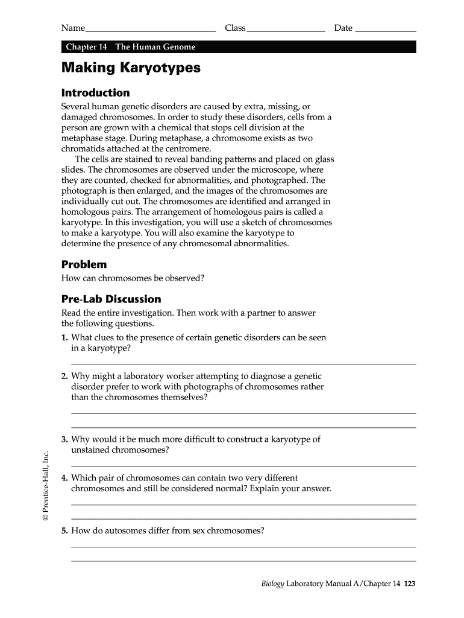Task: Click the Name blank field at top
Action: click(x=151, y=29)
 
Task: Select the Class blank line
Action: click(x=286, y=29)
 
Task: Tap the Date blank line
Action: click(x=386, y=29)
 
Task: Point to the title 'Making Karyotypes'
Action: click(x=131, y=68)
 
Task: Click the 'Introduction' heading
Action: click(x=95, y=93)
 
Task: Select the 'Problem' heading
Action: click(x=84, y=264)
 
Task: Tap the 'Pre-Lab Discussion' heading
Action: click(x=111, y=299)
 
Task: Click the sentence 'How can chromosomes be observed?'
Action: click(x=133, y=278)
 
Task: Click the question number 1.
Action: click(x=64, y=338)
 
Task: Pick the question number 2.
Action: click(x=64, y=376)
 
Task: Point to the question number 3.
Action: click(x=64, y=439)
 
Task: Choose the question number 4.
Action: click(x=64, y=478)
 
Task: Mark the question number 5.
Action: click(x=64, y=530)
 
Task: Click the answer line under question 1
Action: click(x=243, y=364)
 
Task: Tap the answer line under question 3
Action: click(x=243, y=466)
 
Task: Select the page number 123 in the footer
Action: click(x=410, y=584)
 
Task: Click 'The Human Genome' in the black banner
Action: click(x=155, y=47)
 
